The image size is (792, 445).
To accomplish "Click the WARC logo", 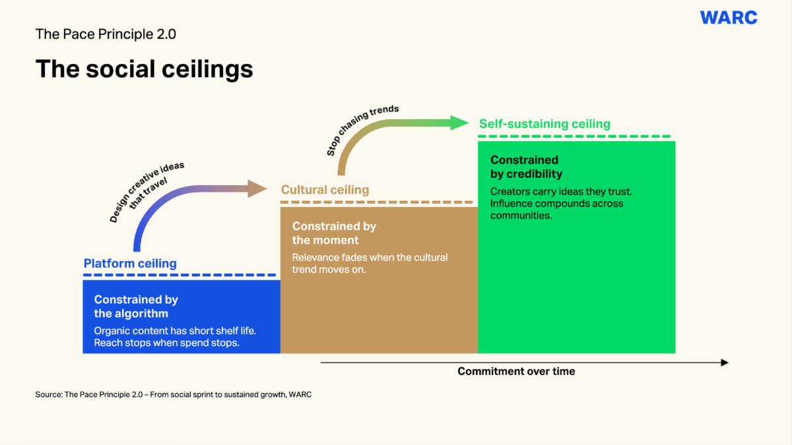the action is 729,18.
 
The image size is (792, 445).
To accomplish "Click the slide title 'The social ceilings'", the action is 145,69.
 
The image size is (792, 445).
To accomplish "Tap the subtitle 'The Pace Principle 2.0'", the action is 106,34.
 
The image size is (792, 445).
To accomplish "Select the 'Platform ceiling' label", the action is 130,264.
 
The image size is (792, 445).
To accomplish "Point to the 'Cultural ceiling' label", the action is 325,190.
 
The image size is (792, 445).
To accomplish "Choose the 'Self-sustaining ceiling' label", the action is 544,124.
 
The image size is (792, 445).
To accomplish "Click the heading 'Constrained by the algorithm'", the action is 136,307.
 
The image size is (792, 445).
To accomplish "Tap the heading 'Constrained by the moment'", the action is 334,233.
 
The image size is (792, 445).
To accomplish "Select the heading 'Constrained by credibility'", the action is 526,167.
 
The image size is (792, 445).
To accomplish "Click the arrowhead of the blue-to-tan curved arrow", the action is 257,189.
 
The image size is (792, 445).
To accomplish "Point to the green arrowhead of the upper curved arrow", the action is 459,123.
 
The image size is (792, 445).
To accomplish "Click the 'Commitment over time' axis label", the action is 516,372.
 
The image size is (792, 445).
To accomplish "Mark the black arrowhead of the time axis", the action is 725,363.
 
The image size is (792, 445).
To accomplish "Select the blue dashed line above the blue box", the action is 180,275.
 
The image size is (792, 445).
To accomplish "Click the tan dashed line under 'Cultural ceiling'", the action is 377,202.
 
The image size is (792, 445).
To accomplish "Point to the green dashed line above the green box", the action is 574,136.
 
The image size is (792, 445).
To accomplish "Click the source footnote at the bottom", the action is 173,395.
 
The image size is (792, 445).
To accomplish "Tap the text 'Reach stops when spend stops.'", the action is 166,343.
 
